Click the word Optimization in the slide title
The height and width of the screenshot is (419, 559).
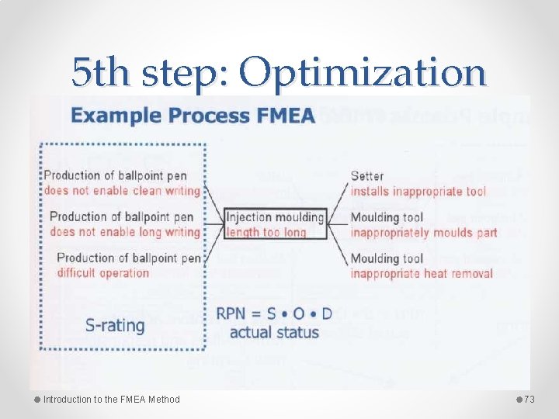363,73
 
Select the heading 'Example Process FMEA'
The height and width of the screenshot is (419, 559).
193,116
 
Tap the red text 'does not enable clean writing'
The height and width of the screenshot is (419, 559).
122,191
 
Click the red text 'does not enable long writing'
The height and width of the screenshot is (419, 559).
125,231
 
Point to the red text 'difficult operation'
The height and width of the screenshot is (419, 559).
102,272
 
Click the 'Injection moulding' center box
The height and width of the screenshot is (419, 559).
275,216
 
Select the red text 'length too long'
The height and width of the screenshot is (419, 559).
266,231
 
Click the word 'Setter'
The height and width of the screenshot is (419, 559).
367,176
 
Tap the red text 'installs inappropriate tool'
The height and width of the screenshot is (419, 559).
418,191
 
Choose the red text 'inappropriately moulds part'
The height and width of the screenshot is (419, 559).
423,232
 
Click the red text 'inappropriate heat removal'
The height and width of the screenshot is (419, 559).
422,273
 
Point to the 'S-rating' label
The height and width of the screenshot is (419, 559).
115,325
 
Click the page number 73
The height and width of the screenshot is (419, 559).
530,400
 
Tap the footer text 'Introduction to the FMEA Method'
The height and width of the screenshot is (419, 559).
111,400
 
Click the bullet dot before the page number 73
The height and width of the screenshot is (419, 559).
519,400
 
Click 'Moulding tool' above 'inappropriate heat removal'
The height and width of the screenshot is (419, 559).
387,258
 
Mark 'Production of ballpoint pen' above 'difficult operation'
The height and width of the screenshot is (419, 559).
128,258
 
